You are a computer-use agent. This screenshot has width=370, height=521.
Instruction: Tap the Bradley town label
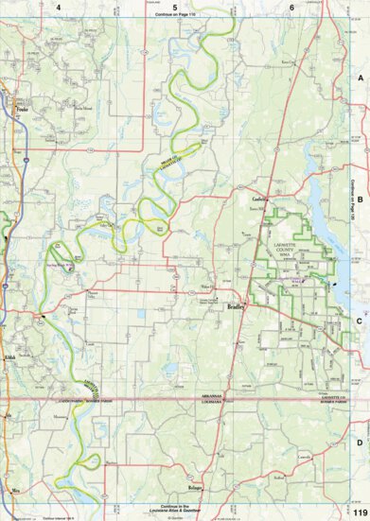coord(237,307)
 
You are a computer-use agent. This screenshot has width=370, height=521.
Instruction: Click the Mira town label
coord(15,492)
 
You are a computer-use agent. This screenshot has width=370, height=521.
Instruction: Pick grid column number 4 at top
coord(58,7)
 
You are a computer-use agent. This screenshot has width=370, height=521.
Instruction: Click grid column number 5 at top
coord(176,7)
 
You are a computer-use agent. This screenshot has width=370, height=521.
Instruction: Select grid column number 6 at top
coord(291,7)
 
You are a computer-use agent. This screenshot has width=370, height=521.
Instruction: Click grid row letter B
coord(360,200)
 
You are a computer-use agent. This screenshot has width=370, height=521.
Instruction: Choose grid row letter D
coord(360,442)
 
